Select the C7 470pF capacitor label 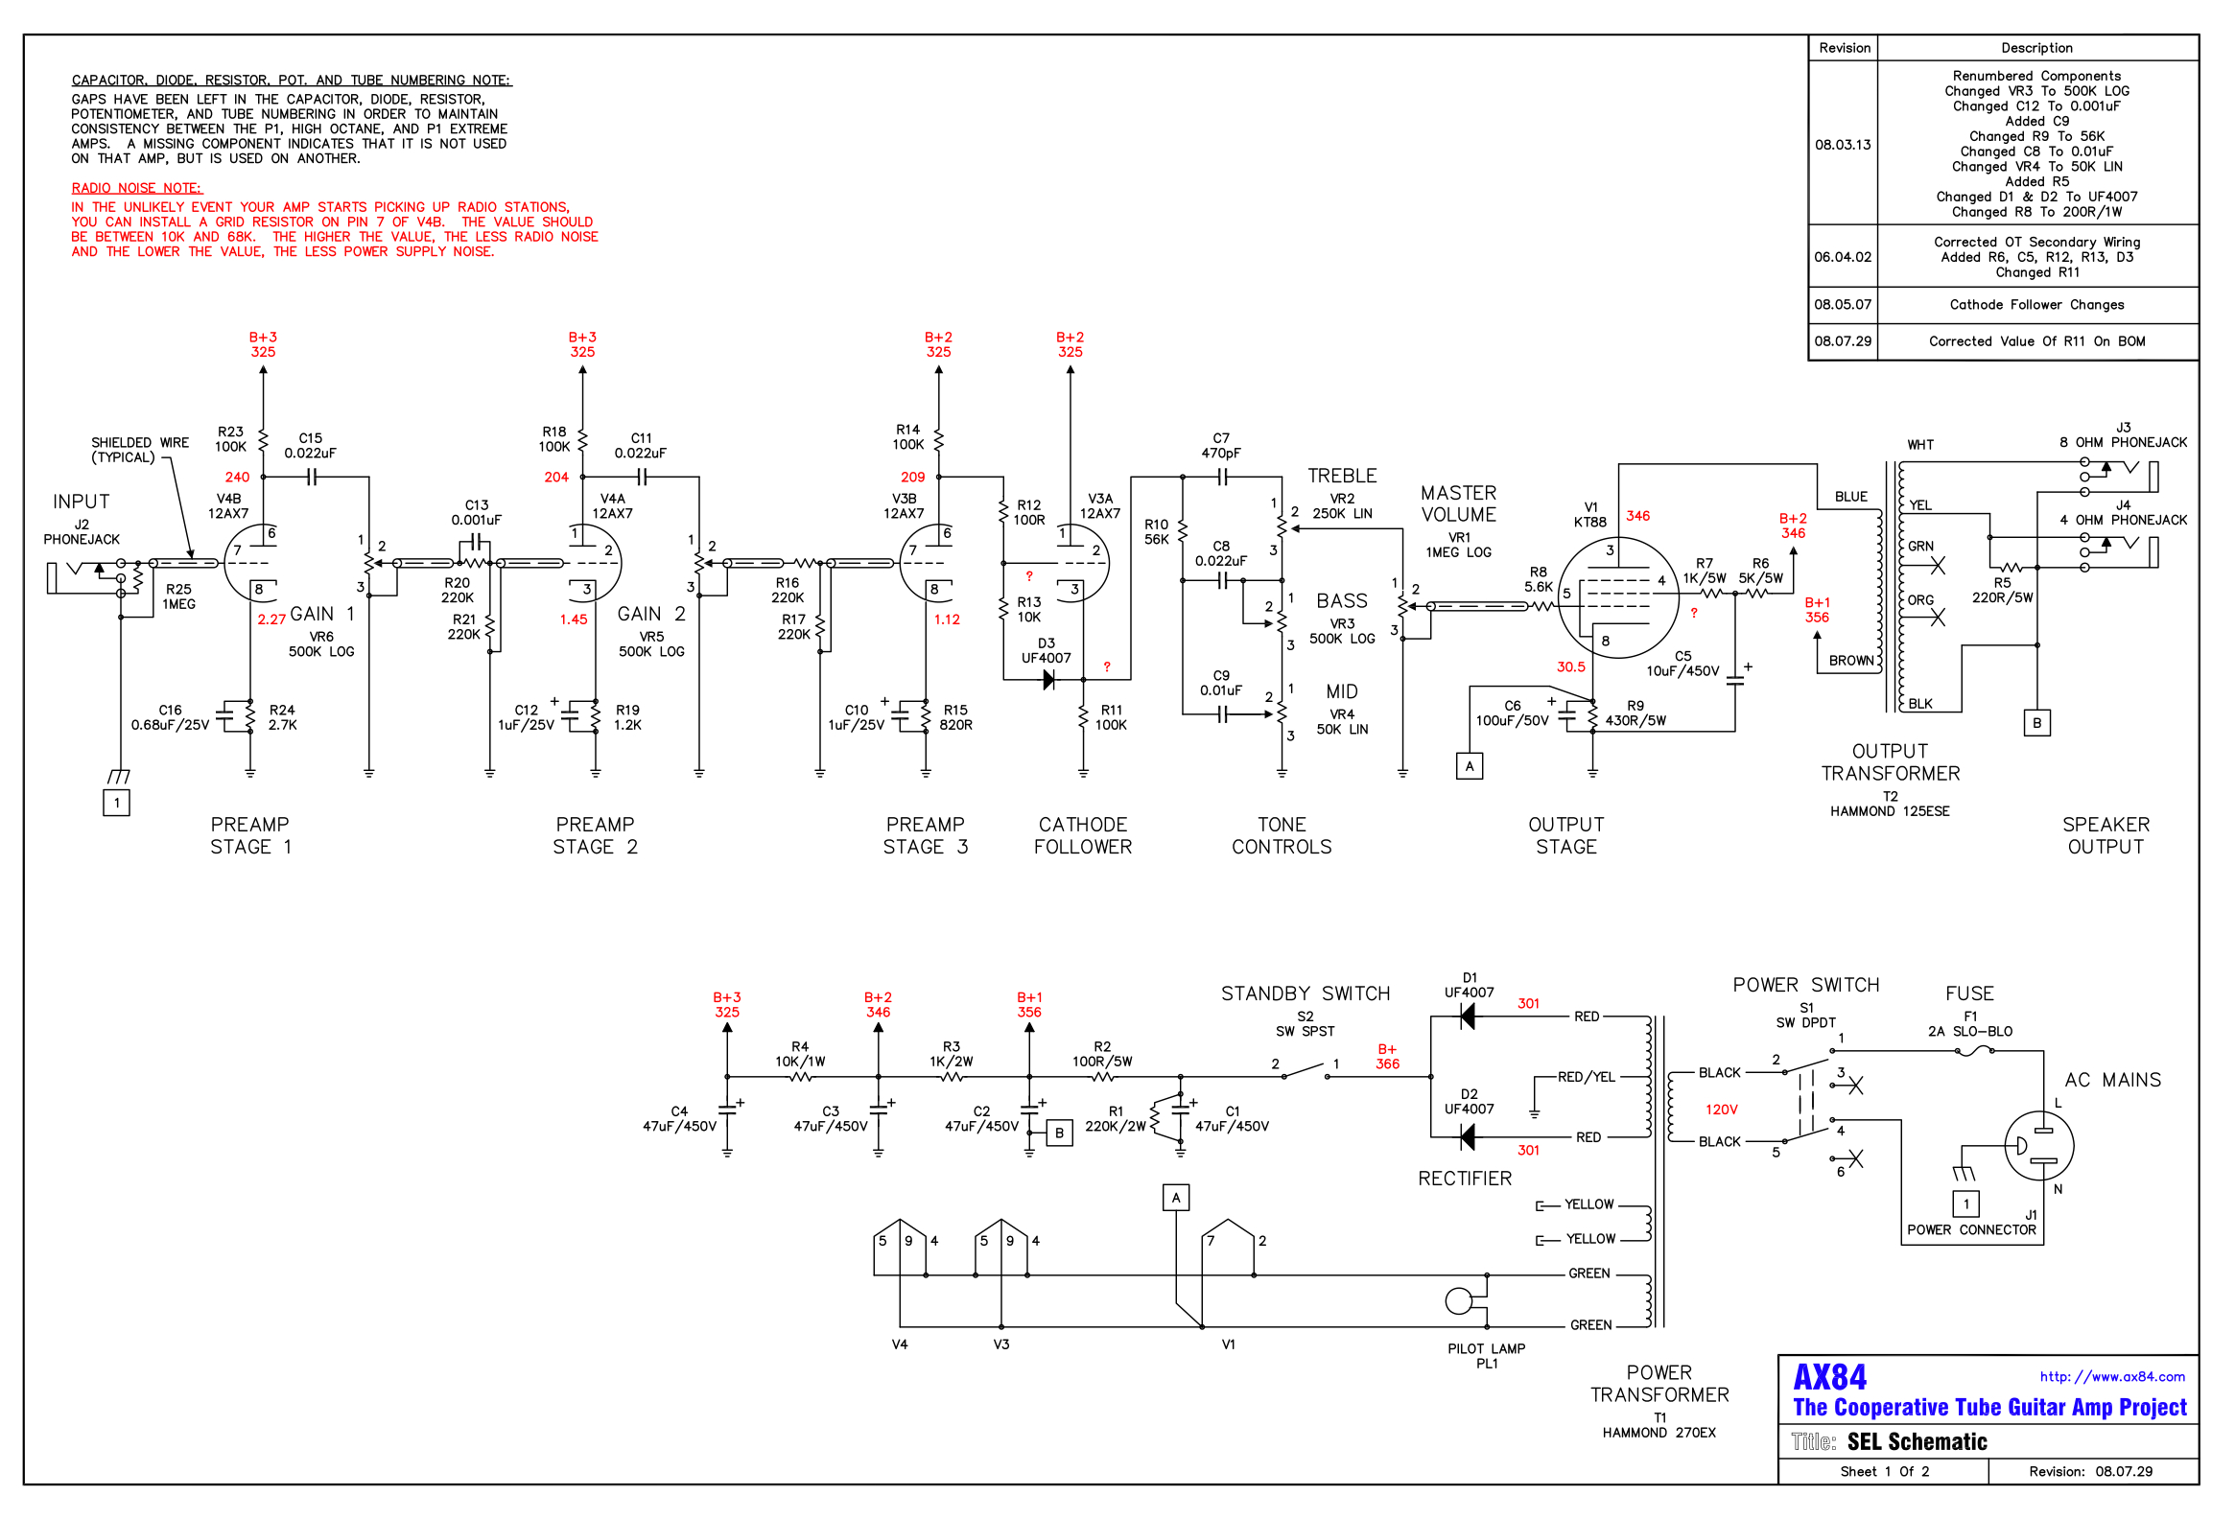(x=1220, y=445)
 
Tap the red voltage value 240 (x=237, y=477)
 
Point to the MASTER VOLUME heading (x=1458, y=503)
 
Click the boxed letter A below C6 (x=1469, y=766)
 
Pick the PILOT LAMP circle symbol (x=1459, y=1300)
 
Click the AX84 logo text (x=1829, y=1377)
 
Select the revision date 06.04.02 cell (x=1843, y=257)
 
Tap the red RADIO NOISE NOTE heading (x=136, y=187)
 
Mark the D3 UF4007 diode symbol (x=1048, y=680)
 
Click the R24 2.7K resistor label (x=282, y=717)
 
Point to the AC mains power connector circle (x=2038, y=1145)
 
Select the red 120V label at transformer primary (x=1721, y=1110)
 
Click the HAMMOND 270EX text (x=1658, y=1433)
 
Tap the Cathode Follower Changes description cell (x=2035, y=305)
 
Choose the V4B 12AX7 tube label (x=228, y=505)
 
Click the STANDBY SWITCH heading (x=1306, y=993)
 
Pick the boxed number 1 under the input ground (x=116, y=803)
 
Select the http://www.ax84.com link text (x=2112, y=1377)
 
